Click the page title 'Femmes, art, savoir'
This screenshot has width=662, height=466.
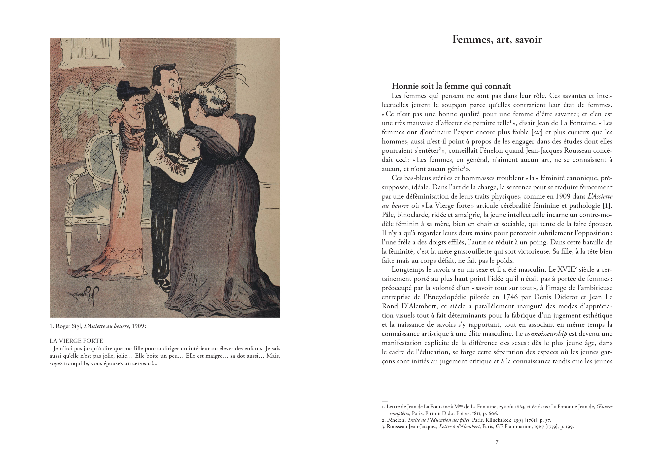(497, 39)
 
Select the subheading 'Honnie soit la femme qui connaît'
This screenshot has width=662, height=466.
(451, 86)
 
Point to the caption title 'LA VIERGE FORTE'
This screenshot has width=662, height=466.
(76, 341)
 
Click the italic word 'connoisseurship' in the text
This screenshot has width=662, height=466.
(546, 334)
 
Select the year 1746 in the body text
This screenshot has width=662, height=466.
(517, 297)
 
